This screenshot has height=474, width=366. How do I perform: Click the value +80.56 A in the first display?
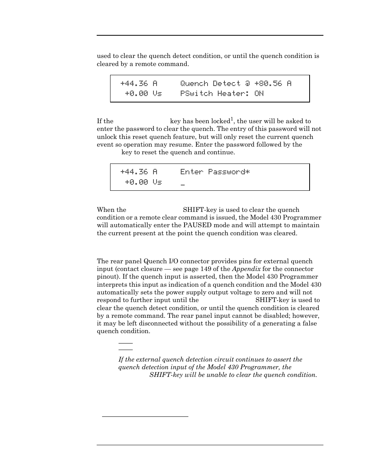(272, 84)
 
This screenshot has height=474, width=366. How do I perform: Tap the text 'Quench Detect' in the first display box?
(211, 84)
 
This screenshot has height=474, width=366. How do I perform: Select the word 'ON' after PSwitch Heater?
(259, 94)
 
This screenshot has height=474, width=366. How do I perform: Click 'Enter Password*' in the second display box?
(215, 172)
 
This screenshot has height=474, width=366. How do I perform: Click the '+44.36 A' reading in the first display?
(138, 84)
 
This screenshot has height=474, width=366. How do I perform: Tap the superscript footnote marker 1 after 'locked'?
(232, 119)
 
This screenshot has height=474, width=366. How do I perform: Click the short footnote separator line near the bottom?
(145, 416)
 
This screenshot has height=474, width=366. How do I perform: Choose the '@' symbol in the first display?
(248, 84)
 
